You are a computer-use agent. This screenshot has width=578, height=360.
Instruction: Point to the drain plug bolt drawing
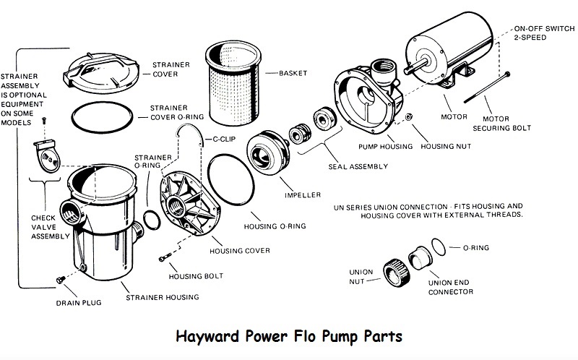pos(59,279)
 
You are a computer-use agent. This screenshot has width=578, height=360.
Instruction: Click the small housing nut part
pos(409,118)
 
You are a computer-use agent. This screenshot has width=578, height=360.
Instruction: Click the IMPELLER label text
pos(296,194)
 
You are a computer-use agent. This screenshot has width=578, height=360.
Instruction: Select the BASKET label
pos(292,73)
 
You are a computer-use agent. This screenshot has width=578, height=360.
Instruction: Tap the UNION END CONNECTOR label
pos(451,287)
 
